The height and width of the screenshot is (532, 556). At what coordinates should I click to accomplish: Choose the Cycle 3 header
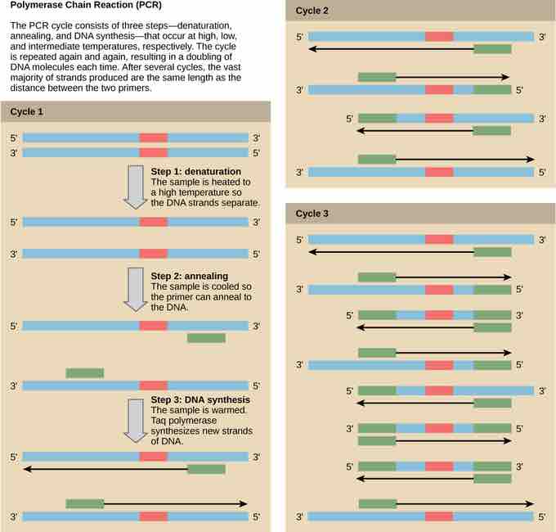tap(314, 214)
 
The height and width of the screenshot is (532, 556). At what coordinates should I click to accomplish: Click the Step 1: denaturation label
tap(197, 171)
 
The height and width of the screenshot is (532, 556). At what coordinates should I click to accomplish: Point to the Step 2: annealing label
tap(190, 276)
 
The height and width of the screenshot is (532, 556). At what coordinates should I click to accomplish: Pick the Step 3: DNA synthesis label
tap(202, 399)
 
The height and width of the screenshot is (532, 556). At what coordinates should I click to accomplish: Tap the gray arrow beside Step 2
tap(133, 290)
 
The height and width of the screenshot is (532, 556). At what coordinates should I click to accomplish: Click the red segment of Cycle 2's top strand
tap(438, 37)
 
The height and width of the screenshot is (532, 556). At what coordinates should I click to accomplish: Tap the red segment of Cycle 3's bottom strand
tap(438, 517)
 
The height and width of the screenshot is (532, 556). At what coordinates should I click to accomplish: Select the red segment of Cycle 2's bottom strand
tap(438, 172)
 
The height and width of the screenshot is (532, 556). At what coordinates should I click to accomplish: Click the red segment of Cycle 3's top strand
tap(438, 239)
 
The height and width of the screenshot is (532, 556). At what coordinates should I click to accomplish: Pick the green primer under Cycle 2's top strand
tap(492, 49)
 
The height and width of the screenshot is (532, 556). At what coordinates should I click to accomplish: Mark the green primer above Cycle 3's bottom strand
tap(377, 503)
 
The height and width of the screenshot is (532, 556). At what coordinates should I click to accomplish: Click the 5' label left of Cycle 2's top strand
tap(300, 37)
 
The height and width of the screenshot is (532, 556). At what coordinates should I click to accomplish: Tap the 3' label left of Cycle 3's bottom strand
tap(300, 517)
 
